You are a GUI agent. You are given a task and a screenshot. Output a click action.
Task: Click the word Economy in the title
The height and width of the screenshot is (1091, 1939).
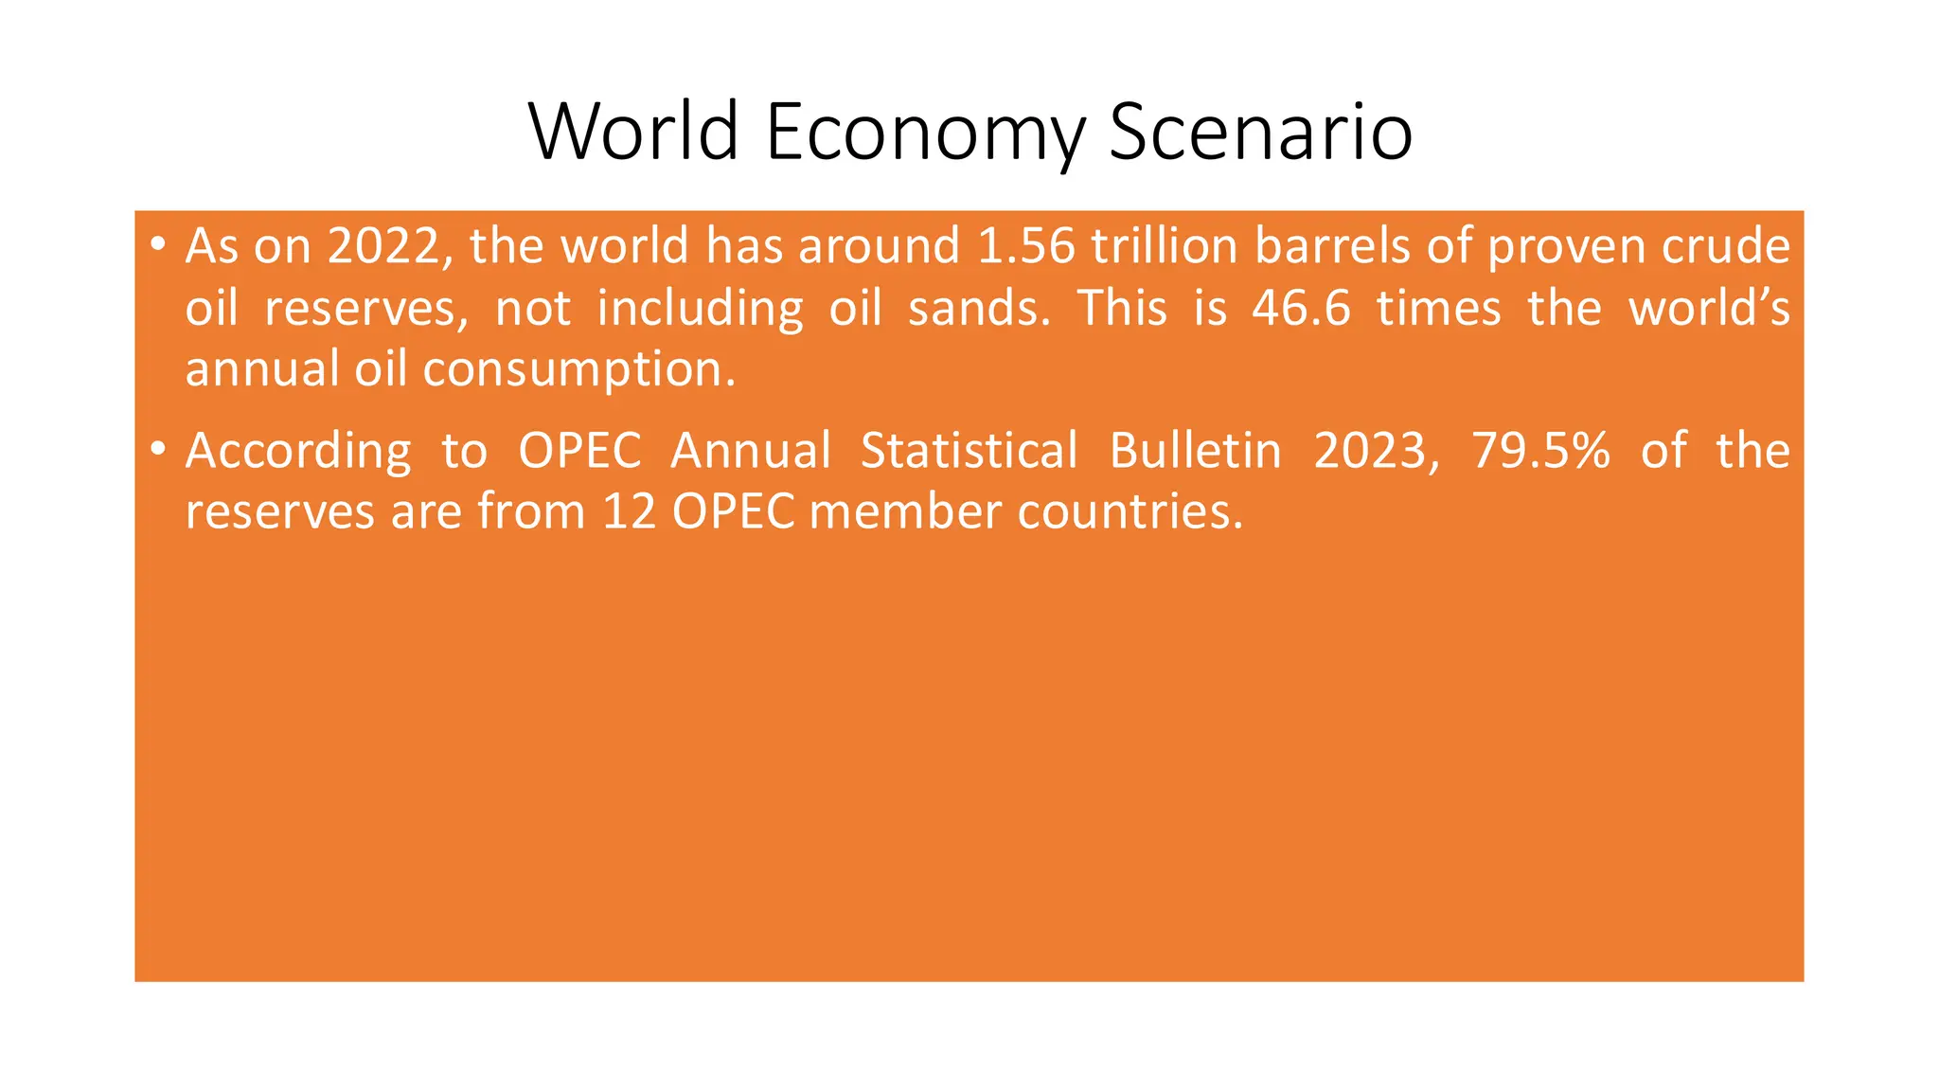pyautogui.click(x=924, y=133)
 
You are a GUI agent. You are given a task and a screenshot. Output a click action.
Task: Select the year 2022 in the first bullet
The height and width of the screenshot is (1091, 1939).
pyautogui.click(x=384, y=246)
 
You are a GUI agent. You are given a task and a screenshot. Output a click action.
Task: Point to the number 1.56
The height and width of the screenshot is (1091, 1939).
pyautogui.click(x=1026, y=246)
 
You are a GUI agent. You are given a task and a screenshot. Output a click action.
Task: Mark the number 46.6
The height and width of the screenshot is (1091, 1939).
pyautogui.click(x=1301, y=308)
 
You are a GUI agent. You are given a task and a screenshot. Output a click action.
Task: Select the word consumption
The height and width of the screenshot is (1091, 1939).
pyautogui.click(x=578, y=370)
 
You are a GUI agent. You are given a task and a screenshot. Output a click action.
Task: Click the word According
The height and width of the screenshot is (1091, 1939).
pyautogui.click(x=298, y=451)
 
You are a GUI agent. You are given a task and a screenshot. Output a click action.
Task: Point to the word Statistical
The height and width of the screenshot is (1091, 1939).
pyautogui.click(x=969, y=451)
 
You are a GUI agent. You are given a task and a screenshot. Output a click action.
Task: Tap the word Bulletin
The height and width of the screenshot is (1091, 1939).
pyautogui.click(x=1195, y=451)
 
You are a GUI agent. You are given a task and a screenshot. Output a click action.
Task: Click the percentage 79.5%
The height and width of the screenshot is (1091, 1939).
pyautogui.click(x=1540, y=451)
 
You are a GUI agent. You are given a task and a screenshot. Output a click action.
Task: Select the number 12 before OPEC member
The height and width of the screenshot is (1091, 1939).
pyautogui.click(x=629, y=512)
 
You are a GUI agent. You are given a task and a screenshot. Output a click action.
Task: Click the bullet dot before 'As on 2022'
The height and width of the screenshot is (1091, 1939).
pyautogui.click(x=158, y=246)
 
